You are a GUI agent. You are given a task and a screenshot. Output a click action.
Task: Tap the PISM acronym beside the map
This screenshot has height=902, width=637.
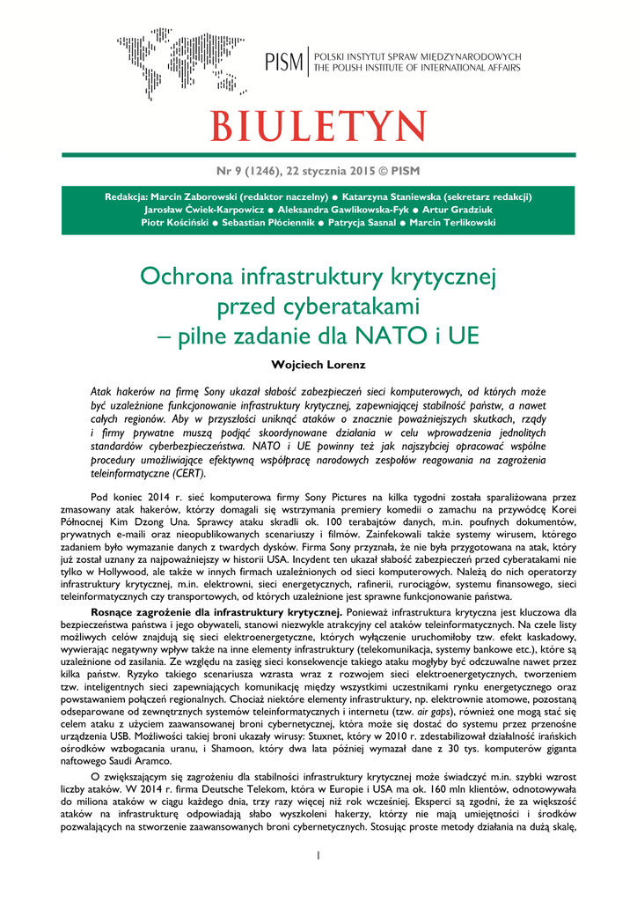pyautogui.click(x=283, y=62)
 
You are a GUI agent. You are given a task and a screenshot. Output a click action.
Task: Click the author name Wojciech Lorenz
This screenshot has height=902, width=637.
pyautogui.click(x=318, y=364)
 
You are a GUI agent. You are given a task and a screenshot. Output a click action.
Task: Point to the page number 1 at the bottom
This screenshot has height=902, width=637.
pyautogui.click(x=318, y=855)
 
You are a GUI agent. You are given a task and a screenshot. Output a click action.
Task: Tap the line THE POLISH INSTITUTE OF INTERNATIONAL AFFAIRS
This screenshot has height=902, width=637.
pyautogui.click(x=417, y=68)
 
